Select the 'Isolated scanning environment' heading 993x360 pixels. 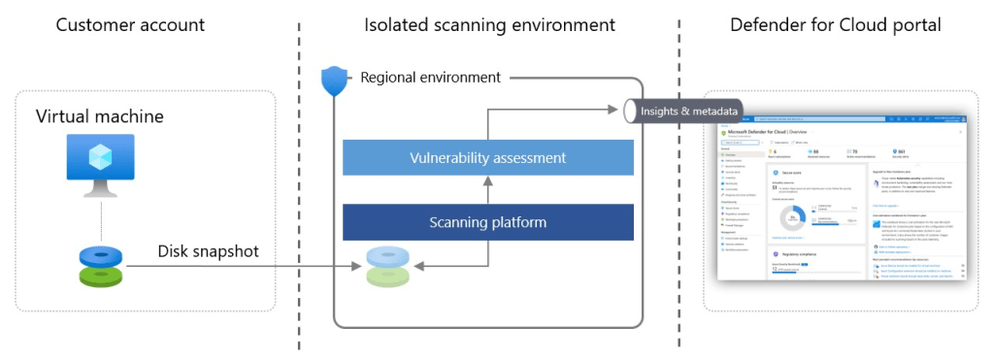point(489,24)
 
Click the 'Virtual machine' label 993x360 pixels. point(100,116)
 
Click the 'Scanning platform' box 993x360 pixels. point(487,222)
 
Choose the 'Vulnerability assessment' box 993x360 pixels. point(487,157)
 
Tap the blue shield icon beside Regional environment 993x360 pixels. point(335,80)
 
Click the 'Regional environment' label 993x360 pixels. point(430,77)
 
